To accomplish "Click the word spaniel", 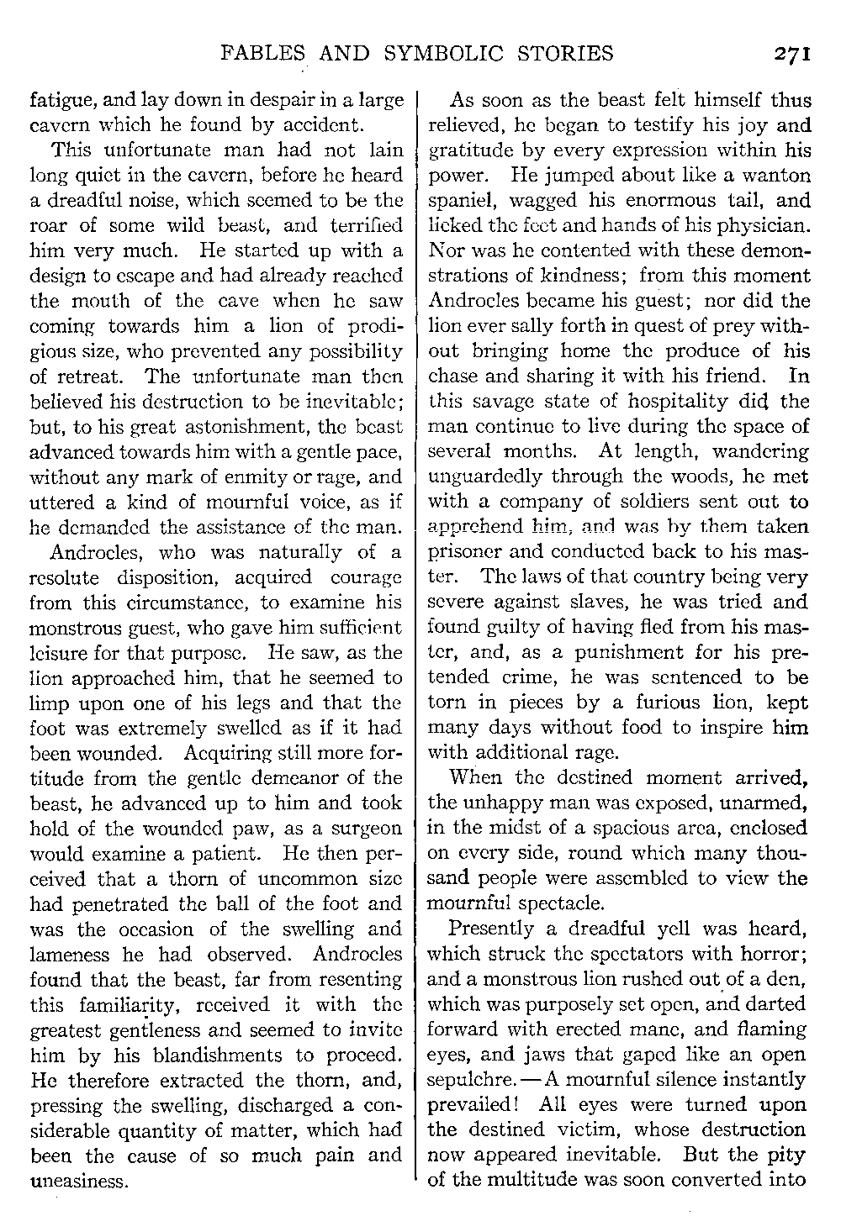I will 463,202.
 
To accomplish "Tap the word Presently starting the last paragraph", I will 491,929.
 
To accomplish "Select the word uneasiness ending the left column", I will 78,1181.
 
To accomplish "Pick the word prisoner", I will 465,553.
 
